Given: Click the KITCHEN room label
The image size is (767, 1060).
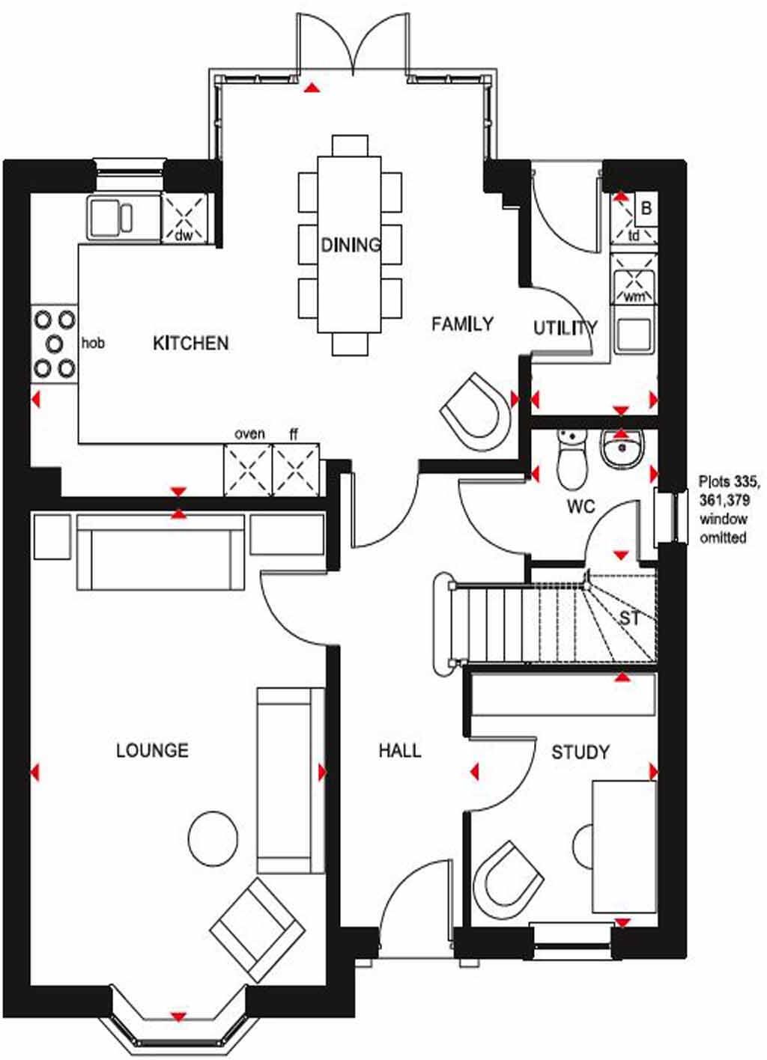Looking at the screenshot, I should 190,344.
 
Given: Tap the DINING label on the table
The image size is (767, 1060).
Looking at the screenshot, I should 351,245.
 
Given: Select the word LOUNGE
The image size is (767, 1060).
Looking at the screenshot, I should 152,750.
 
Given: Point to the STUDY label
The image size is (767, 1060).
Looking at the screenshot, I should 580,752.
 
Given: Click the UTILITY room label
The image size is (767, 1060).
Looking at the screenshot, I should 565,328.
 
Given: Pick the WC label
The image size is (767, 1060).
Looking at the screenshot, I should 580,507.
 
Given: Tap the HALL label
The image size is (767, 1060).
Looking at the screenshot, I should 399,750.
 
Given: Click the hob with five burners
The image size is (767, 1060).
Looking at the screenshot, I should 55,344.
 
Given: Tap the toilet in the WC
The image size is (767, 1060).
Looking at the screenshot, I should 572,458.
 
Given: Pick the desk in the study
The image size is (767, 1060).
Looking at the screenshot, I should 623,846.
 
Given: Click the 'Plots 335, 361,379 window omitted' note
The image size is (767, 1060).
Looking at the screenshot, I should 724,509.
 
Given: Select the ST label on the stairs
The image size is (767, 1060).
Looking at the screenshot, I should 629,618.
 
